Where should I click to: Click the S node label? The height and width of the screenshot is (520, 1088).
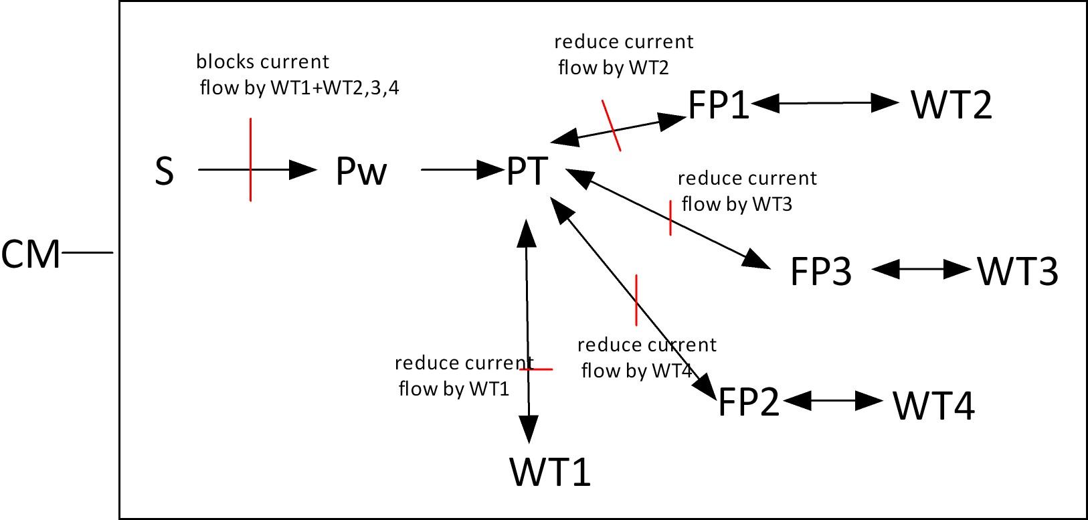(164, 171)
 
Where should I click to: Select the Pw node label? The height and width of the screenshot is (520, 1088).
(361, 171)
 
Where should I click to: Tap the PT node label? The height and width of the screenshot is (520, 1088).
(527, 171)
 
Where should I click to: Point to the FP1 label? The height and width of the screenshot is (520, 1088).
(719, 105)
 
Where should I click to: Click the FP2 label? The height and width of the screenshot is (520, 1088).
(749, 402)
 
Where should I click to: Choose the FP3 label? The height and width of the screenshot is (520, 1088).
(821, 271)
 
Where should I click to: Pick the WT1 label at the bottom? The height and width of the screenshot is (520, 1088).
(550, 472)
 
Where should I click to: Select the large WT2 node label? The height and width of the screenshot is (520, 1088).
(951, 105)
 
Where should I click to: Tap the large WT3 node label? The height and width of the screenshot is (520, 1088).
(1018, 271)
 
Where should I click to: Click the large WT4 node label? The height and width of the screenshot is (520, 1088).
(933, 406)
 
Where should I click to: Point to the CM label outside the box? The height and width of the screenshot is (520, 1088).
(30, 254)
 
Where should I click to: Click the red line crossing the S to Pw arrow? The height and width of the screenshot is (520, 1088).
(251, 159)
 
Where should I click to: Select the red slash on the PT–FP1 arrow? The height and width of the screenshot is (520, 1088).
(612, 126)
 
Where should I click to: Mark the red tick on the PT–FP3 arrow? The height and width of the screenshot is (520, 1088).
(670, 218)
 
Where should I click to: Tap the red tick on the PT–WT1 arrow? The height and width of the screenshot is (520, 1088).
(536, 369)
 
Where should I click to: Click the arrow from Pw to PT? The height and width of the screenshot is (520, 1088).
(462, 169)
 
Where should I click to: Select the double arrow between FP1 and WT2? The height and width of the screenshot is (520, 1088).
(824, 103)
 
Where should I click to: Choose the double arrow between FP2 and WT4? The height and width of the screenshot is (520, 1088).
(832, 400)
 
